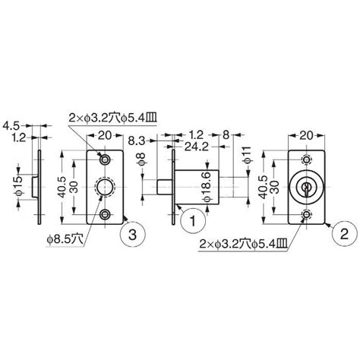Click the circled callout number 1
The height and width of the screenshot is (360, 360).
click(193, 221)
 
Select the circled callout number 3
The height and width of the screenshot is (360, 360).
click(132, 235)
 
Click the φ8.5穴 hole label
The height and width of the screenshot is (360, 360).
click(65, 239)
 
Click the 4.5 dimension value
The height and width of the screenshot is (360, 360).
click(11, 125)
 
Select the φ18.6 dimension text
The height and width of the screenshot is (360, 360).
click(207, 187)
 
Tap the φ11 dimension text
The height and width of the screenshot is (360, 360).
click(247, 154)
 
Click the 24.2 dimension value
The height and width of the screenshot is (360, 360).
click(196, 147)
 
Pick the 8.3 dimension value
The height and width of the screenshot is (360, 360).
click(137, 141)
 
